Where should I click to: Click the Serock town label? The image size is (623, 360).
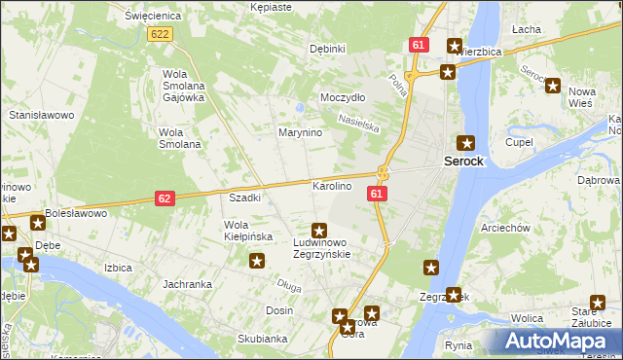(463, 161)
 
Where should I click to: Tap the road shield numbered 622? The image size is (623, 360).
(161, 34)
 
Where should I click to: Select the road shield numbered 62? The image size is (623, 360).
(165, 198)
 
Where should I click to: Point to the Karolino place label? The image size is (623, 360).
(331, 185)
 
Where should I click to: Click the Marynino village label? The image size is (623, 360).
(301, 132)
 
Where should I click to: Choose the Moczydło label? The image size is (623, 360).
(343, 98)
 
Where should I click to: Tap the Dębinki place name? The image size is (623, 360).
(327, 49)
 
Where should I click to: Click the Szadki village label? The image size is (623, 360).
(244, 198)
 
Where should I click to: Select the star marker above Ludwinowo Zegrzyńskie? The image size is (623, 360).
(318, 231)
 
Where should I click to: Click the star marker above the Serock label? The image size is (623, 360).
(467, 142)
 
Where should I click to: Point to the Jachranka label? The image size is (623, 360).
(188, 284)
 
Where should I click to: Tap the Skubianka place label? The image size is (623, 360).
(262, 339)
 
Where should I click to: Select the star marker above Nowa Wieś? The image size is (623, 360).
(554, 85)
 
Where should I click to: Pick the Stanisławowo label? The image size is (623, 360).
(42, 115)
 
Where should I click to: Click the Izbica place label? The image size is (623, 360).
(118, 266)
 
